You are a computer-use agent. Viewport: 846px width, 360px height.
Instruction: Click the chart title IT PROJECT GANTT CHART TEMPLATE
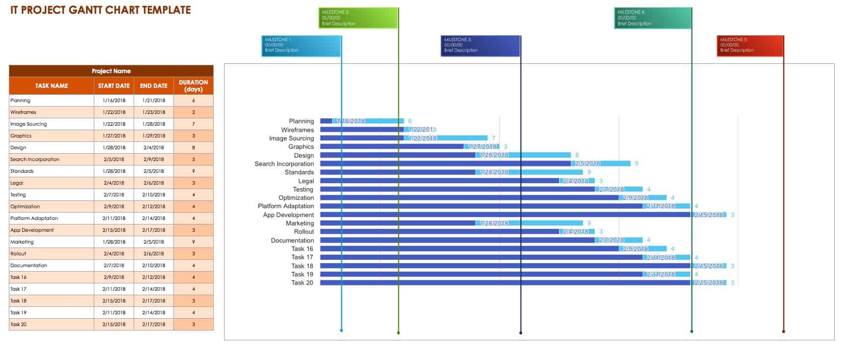[x=101, y=10]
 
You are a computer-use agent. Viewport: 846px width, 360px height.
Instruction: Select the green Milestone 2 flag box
[x=358, y=18]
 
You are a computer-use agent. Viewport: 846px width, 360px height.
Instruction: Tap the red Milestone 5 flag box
[x=750, y=45]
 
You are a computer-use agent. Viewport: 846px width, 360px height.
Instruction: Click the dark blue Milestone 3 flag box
[x=480, y=45]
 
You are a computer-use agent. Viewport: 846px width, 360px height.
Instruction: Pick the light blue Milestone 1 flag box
[x=301, y=45]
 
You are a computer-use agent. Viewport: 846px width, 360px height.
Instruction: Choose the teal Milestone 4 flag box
[x=652, y=18]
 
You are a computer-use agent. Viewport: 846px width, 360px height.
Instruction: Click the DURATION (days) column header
[x=193, y=86]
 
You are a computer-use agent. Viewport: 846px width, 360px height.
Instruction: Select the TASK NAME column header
[x=52, y=86]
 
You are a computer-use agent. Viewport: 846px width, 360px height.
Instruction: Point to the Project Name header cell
[x=111, y=71]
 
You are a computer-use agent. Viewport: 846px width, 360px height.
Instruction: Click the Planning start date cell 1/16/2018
[x=114, y=101]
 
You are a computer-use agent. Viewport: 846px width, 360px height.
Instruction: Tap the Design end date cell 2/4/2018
[x=154, y=148]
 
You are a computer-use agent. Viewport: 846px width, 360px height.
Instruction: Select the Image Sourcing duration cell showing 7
[x=193, y=124]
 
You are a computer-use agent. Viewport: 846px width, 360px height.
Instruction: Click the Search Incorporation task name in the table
[x=35, y=160]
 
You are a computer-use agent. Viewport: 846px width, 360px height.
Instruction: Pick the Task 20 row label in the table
[x=19, y=325]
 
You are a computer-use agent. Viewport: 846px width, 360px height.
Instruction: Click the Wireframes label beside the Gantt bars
[x=297, y=130]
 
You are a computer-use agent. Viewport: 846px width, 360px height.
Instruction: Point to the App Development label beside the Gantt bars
[x=288, y=215]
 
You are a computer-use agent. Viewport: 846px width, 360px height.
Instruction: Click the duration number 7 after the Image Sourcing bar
[x=493, y=138]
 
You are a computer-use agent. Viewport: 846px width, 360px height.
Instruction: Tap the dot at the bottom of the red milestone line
[x=783, y=332]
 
